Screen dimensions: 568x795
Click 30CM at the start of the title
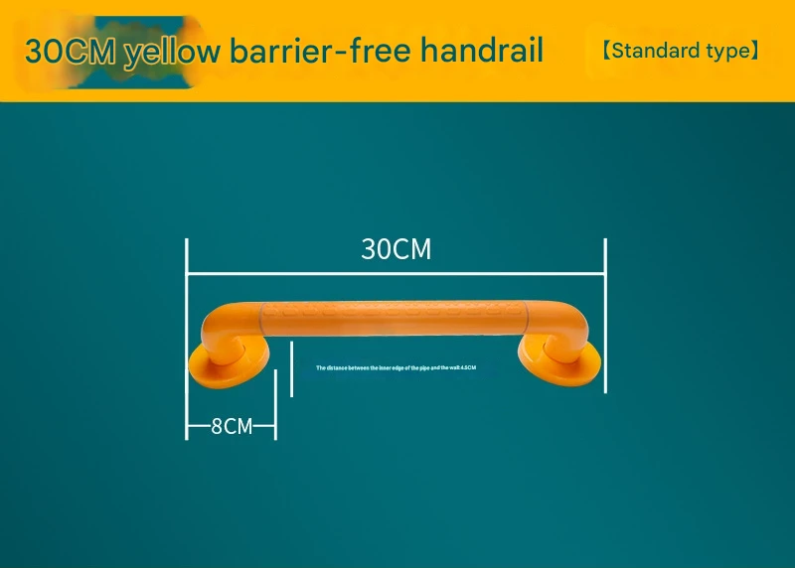click(x=71, y=51)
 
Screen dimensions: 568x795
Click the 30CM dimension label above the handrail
click(x=396, y=248)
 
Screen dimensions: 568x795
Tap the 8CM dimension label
click(x=232, y=427)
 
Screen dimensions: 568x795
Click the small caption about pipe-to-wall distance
click(x=397, y=367)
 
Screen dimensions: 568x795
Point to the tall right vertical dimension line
click(x=605, y=313)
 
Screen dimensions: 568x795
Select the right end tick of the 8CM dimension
click(x=275, y=427)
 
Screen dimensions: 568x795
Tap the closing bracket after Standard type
click(x=754, y=50)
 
